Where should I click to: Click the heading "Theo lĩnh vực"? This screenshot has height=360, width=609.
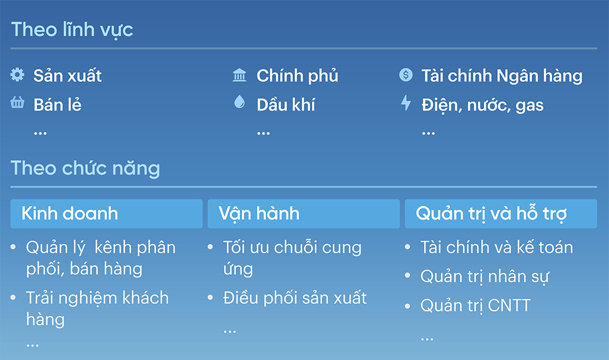tap(72, 30)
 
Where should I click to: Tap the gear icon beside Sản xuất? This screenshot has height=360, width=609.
tap(17, 74)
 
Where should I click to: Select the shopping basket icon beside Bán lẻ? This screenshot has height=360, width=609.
tap(17, 102)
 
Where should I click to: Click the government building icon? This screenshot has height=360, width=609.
tap(239, 74)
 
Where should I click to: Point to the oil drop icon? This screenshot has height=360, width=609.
tap(240, 102)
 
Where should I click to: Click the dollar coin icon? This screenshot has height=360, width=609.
tap(406, 74)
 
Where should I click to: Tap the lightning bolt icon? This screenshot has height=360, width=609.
tap(406, 102)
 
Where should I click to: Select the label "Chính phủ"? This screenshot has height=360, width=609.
tap(297, 76)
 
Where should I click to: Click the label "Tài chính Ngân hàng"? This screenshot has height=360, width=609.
tap(502, 76)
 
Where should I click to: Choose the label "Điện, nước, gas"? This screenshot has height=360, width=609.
tap(482, 105)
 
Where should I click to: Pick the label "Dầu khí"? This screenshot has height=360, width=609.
tap(286, 105)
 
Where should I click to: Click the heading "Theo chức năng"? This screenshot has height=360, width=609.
tap(86, 169)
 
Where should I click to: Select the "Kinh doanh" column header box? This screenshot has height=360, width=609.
tap(106, 214)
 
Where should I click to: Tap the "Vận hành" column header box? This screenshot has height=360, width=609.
tap(304, 214)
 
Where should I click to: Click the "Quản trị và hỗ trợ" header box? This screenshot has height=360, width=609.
tap(501, 214)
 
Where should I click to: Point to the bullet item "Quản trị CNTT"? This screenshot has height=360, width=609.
tap(475, 306)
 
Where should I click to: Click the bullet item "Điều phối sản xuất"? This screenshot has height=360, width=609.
tap(295, 298)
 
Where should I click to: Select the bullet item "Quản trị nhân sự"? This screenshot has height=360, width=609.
tap(485, 277)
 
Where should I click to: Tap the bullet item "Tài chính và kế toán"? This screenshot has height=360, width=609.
tap(497, 248)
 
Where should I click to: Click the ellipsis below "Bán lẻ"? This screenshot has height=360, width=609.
tap(40, 133)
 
